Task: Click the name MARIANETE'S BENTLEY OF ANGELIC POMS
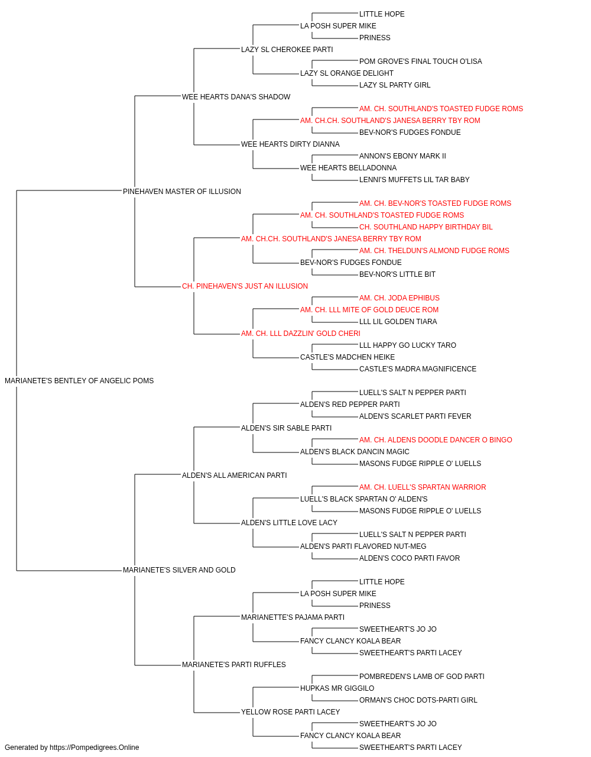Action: (79, 381)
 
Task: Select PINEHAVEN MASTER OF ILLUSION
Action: (181, 191)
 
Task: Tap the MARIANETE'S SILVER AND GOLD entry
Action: (179, 570)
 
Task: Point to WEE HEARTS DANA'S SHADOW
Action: (236, 97)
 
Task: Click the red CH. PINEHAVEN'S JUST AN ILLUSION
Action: (245, 286)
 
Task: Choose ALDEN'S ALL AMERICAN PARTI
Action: (234, 475)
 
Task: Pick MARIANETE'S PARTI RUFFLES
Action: (233, 665)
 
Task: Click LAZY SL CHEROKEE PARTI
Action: (287, 50)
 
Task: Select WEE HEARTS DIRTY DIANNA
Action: (290, 144)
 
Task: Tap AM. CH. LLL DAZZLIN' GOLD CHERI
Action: (301, 334)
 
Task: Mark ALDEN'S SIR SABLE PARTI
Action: (286, 428)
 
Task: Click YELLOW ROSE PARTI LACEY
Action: (290, 712)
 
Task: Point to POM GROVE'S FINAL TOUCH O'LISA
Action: (420, 62)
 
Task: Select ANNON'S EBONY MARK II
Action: (402, 156)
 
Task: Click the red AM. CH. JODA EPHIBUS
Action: (400, 298)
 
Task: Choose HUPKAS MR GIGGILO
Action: (337, 688)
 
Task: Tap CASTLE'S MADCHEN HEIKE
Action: (348, 357)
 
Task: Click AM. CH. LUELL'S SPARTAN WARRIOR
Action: (423, 487)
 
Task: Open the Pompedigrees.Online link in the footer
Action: (94, 748)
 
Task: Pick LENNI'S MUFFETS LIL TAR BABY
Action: (414, 180)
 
